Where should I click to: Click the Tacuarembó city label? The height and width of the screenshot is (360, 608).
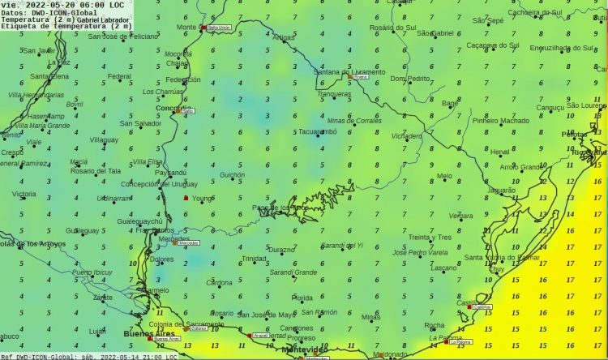317,131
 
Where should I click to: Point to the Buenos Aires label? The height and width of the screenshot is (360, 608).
149,332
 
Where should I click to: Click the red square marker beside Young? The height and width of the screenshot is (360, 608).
186,198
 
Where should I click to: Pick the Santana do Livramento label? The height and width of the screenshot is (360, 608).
349,72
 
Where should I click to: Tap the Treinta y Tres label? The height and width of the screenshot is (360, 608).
430,237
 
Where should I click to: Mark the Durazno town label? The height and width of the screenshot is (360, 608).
282,249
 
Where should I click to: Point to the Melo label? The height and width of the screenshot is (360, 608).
444,176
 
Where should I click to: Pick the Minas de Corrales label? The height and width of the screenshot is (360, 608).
354,120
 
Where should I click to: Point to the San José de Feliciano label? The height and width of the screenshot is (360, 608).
124,36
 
